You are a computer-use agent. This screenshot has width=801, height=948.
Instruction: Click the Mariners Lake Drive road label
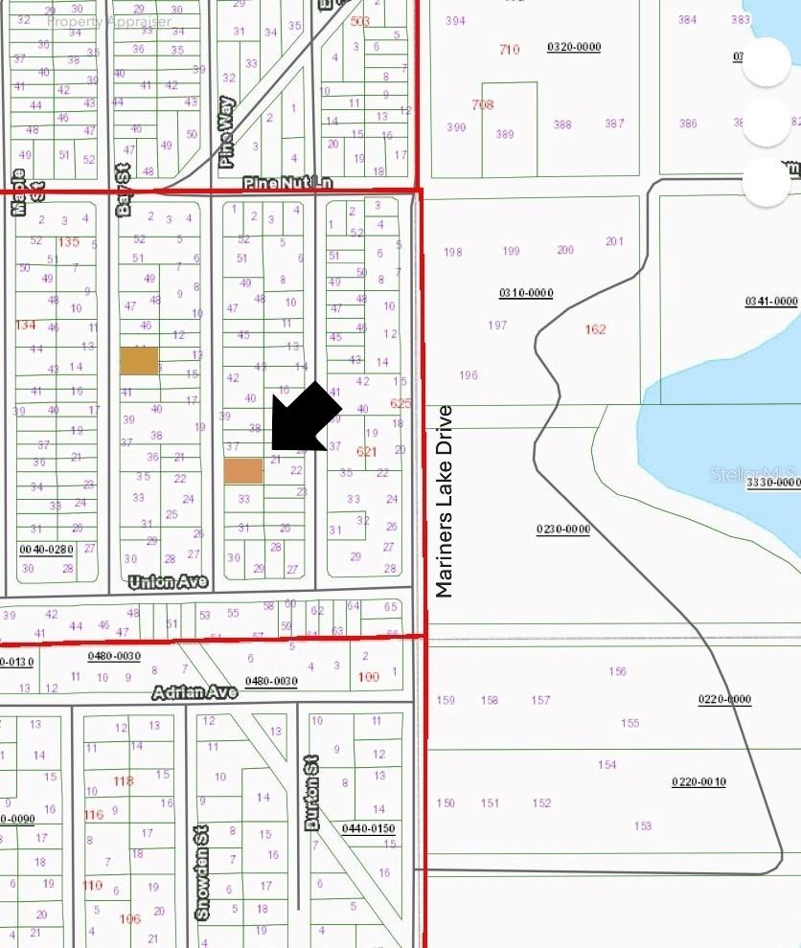[x=444, y=501]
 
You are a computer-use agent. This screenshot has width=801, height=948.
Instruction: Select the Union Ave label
[x=169, y=581]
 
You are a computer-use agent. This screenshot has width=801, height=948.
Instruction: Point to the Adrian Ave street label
[x=195, y=692]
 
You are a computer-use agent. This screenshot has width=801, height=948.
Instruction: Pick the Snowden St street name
[x=202, y=874]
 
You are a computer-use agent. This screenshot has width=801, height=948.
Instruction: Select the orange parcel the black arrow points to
[x=243, y=470]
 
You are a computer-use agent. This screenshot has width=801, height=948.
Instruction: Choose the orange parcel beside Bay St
[x=139, y=360]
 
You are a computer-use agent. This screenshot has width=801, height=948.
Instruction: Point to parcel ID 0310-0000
[x=526, y=293]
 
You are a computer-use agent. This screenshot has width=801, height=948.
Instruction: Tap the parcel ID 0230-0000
[x=562, y=530]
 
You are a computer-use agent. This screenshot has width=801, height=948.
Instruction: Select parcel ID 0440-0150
[x=368, y=828]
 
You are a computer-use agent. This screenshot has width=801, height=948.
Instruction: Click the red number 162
[x=595, y=329]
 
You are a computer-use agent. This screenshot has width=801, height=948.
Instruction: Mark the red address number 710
[x=509, y=49]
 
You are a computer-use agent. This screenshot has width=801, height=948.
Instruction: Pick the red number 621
[x=366, y=451]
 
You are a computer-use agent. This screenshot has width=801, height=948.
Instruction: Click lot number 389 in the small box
[x=505, y=134]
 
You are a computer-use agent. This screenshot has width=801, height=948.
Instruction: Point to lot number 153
[x=642, y=825]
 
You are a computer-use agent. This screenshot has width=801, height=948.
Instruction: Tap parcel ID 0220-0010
[x=698, y=782]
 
